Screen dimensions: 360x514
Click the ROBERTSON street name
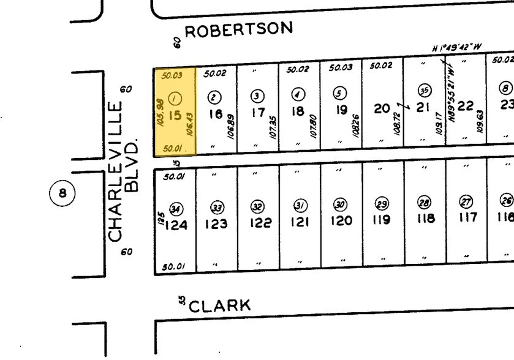239,29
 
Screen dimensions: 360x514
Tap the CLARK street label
220,305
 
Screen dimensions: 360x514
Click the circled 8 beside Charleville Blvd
61,194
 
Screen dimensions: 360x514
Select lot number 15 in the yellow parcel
175,114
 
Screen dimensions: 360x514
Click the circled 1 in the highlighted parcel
175,97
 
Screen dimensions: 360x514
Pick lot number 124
176,225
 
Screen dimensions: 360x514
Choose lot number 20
382,108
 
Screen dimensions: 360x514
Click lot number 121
300,222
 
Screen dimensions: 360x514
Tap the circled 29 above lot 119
382,204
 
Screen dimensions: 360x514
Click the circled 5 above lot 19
339,93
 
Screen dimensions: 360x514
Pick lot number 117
467,217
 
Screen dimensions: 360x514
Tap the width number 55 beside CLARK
181,300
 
